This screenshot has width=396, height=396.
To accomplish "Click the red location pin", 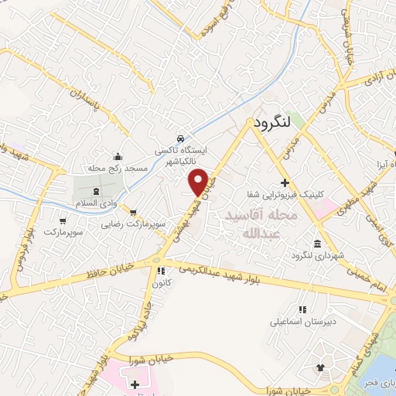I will (x=199, y=181).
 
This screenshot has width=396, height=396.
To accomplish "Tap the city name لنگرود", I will (x=271, y=121).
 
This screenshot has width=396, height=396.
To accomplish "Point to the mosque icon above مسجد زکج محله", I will (x=117, y=155).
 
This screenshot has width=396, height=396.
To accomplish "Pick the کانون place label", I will (x=162, y=282).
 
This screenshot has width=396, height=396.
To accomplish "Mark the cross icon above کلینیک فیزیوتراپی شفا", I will (x=285, y=183).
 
